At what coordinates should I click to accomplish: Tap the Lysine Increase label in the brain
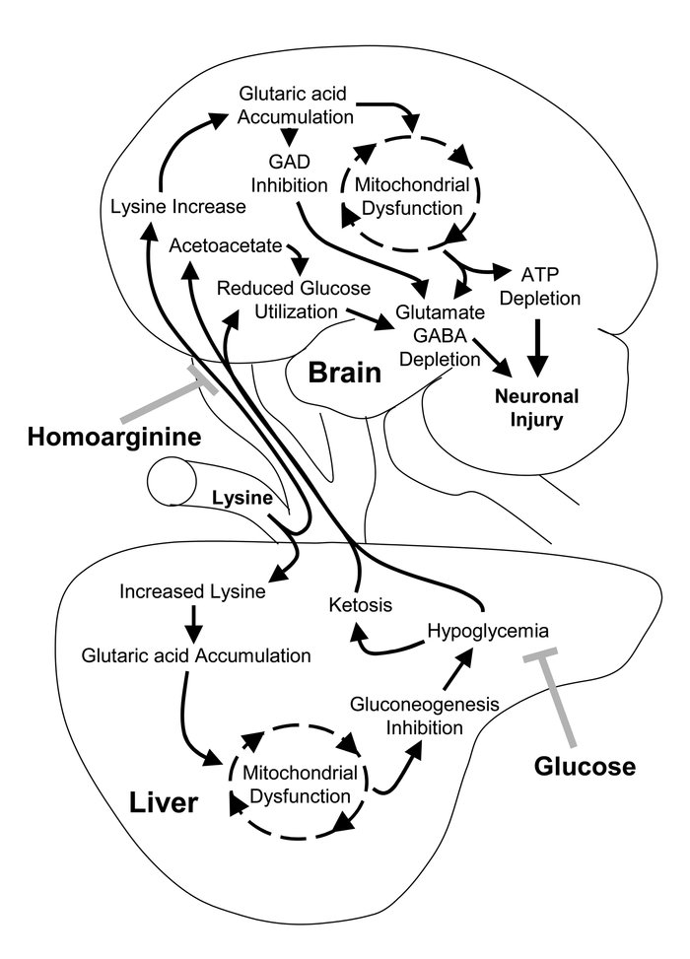177,207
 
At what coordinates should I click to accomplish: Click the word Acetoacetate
226,243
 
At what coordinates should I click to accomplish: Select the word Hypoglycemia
487,629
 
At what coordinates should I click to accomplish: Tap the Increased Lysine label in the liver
192,592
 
